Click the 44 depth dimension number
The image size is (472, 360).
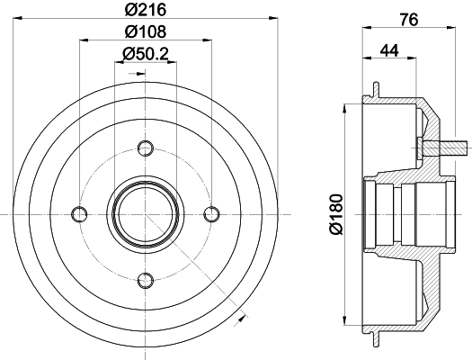click(x=389, y=50)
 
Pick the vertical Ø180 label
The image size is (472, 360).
click(x=334, y=213)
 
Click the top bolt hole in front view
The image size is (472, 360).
click(x=146, y=146)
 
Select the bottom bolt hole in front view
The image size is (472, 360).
click(x=146, y=280)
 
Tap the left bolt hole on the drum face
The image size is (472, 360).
click(x=79, y=213)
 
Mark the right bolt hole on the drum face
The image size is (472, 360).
click(x=213, y=213)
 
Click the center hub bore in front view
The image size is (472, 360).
click(x=146, y=213)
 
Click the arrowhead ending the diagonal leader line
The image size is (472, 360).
click(x=242, y=317)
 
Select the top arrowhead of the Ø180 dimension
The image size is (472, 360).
click(x=348, y=106)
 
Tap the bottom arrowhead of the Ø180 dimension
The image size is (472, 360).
click(x=348, y=320)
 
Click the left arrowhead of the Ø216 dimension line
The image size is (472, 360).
click(x=19, y=19)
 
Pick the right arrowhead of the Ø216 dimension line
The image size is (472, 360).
click(x=273, y=19)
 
